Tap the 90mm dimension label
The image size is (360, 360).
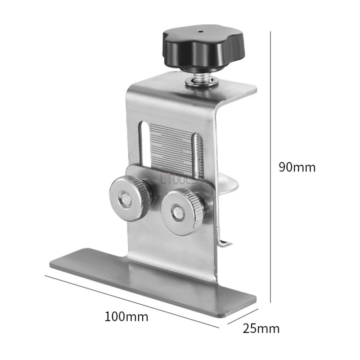tap(297, 167)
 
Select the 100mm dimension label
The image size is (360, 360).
tap(126, 316)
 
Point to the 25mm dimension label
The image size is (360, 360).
tap(261, 328)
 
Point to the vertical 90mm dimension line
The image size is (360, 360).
tap(270, 167)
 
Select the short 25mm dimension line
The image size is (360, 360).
tap(241, 316)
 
